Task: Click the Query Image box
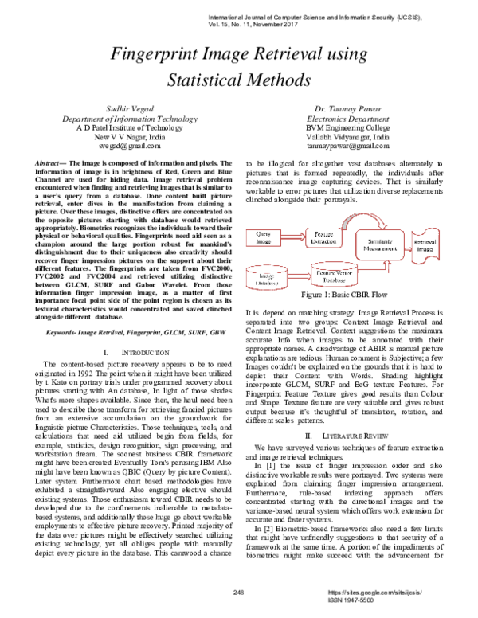pyautogui.click(x=263, y=237)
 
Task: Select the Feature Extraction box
pyautogui.click(x=324, y=237)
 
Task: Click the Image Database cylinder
pyautogui.click(x=265, y=277)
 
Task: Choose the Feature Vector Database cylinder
pyautogui.click(x=335, y=276)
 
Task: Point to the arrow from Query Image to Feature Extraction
pyautogui.click(x=294, y=237)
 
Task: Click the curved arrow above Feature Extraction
pyautogui.click(x=363, y=218)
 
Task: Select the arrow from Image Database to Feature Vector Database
pyautogui.click(x=298, y=276)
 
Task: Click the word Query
pyautogui.click(x=263, y=233)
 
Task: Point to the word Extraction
pyautogui.click(x=324, y=241)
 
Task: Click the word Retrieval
pyautogui.click(x=425, y=241)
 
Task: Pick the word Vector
pyautogui.click(x=343, y=272)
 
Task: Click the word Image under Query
pyautogui.click(x=263, y=241)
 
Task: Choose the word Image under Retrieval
pyautogui.click(x=425, y=249)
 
